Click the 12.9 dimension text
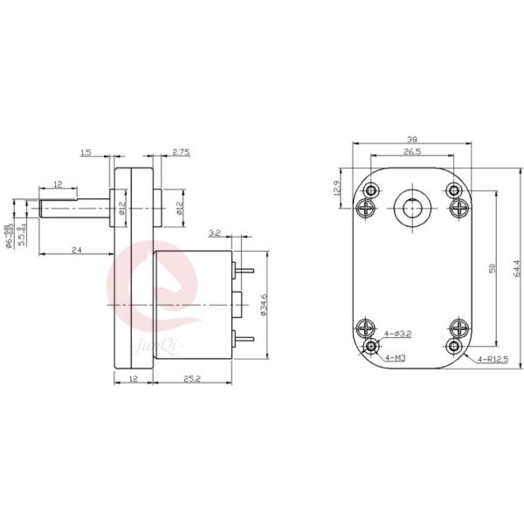pyautogui.click(x=338, y=189)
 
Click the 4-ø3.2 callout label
pyautogui.click(x=395, y=334)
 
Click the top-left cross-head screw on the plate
pyautogui.click(x=366, y=208)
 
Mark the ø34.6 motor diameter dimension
pyautogui.click(x=264, y=307)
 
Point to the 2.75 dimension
pyautogui.click(x=181, y=152)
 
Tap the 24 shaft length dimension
pyautogui.click(x=77, y=250)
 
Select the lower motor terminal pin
pyautogui.click(x=245, y=339)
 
